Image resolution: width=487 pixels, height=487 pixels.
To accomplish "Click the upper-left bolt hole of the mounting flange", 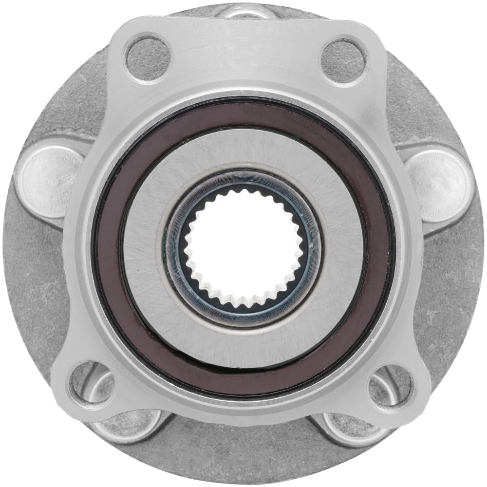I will (x=149, y=59).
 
